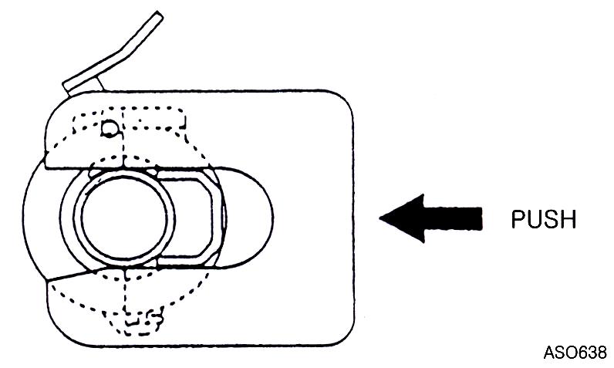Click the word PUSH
[x=544, y=220]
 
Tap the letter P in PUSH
[x=518, y=220]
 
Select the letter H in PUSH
[x=569, y=220]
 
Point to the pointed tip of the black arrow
[x=380, y=218]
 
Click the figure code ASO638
[x=575, y=353]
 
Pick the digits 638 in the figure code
[x=592, y=353]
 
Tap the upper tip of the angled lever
[x=158, y=14]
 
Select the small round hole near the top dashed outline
[x=109, y=128]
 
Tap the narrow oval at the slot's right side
[x=224, y=218]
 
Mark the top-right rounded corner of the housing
[x=345, y=100]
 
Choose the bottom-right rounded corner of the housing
[x=345, y=336]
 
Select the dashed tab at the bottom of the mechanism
[x=141, y=321]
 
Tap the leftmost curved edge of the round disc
[x=22, y=218]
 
